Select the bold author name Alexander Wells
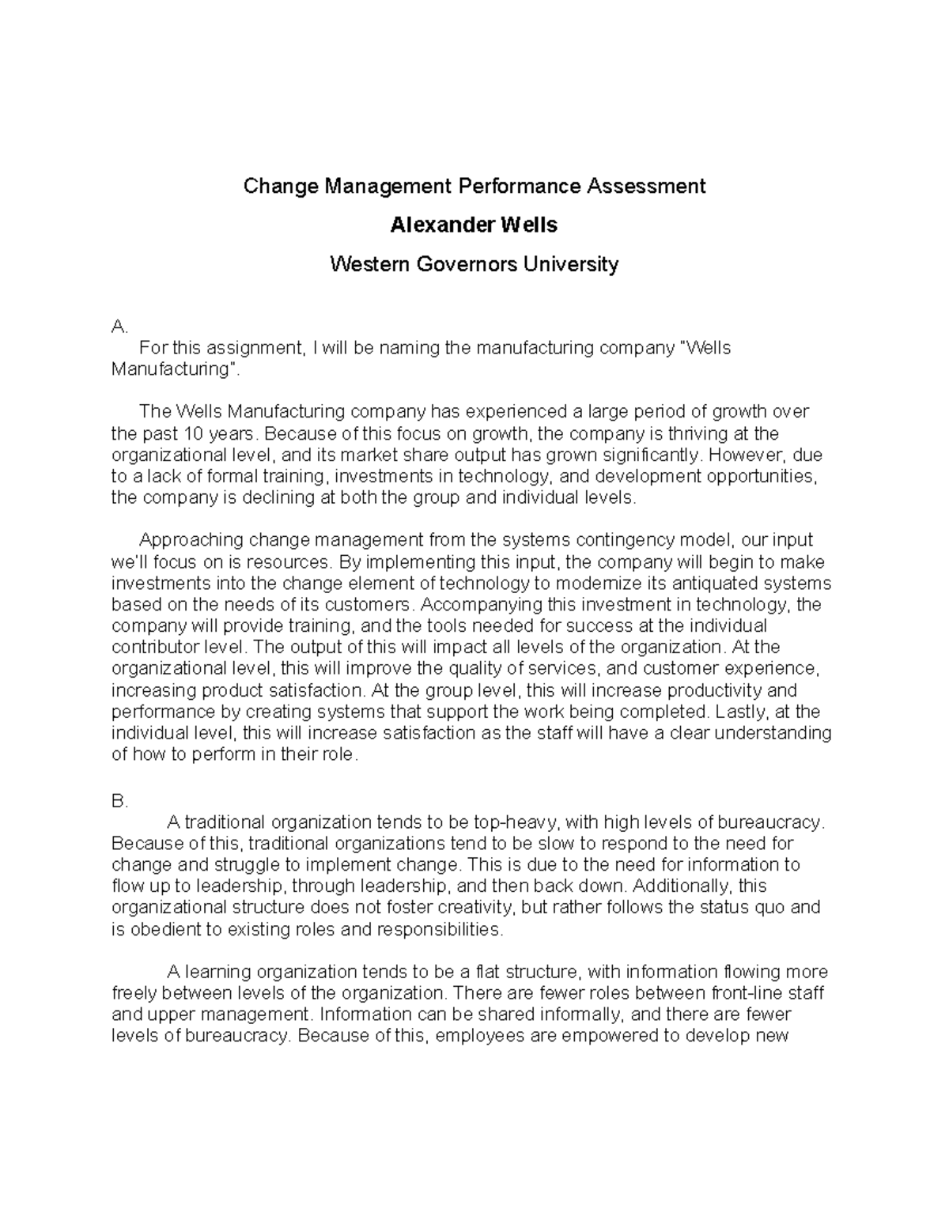pos(474,225)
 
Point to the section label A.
pos(119,327)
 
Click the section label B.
pos(119,801)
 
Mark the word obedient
pos(164,929)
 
